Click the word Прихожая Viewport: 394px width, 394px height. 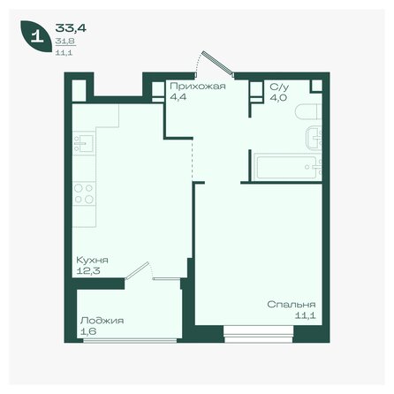(197, 87)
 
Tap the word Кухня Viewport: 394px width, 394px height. (93, 260)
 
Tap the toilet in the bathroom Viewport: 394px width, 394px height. (306, 114)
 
